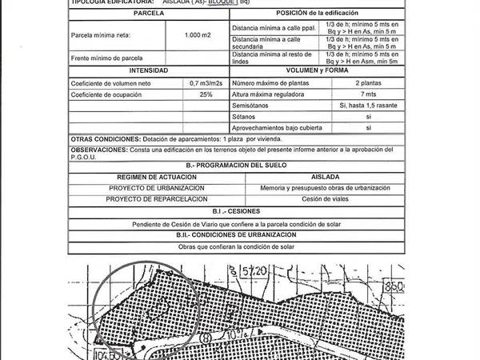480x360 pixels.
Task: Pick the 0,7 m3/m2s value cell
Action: [x=206, y=83]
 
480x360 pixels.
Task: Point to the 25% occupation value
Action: [x=206, y=94]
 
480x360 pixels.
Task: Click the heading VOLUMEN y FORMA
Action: [x=313, y=71]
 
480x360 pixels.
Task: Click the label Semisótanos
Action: [x=250, y=106]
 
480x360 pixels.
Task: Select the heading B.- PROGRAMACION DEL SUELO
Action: [x=235, y=165]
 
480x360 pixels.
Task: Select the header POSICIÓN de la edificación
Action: [x=313, y=14]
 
